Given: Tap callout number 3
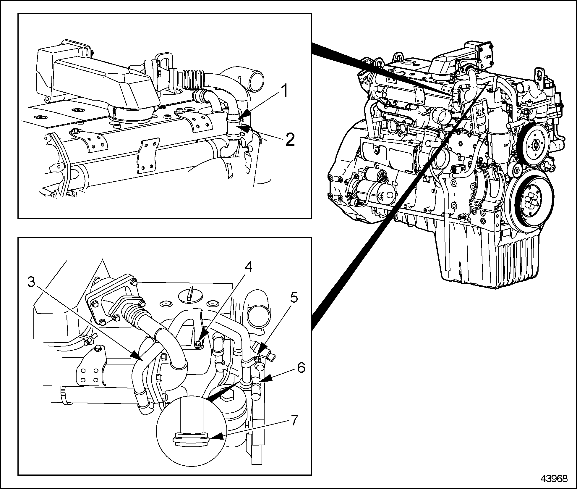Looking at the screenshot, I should pos(31,282).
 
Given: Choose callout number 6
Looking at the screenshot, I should pos(301,368).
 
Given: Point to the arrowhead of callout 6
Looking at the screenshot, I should pos(264,380).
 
